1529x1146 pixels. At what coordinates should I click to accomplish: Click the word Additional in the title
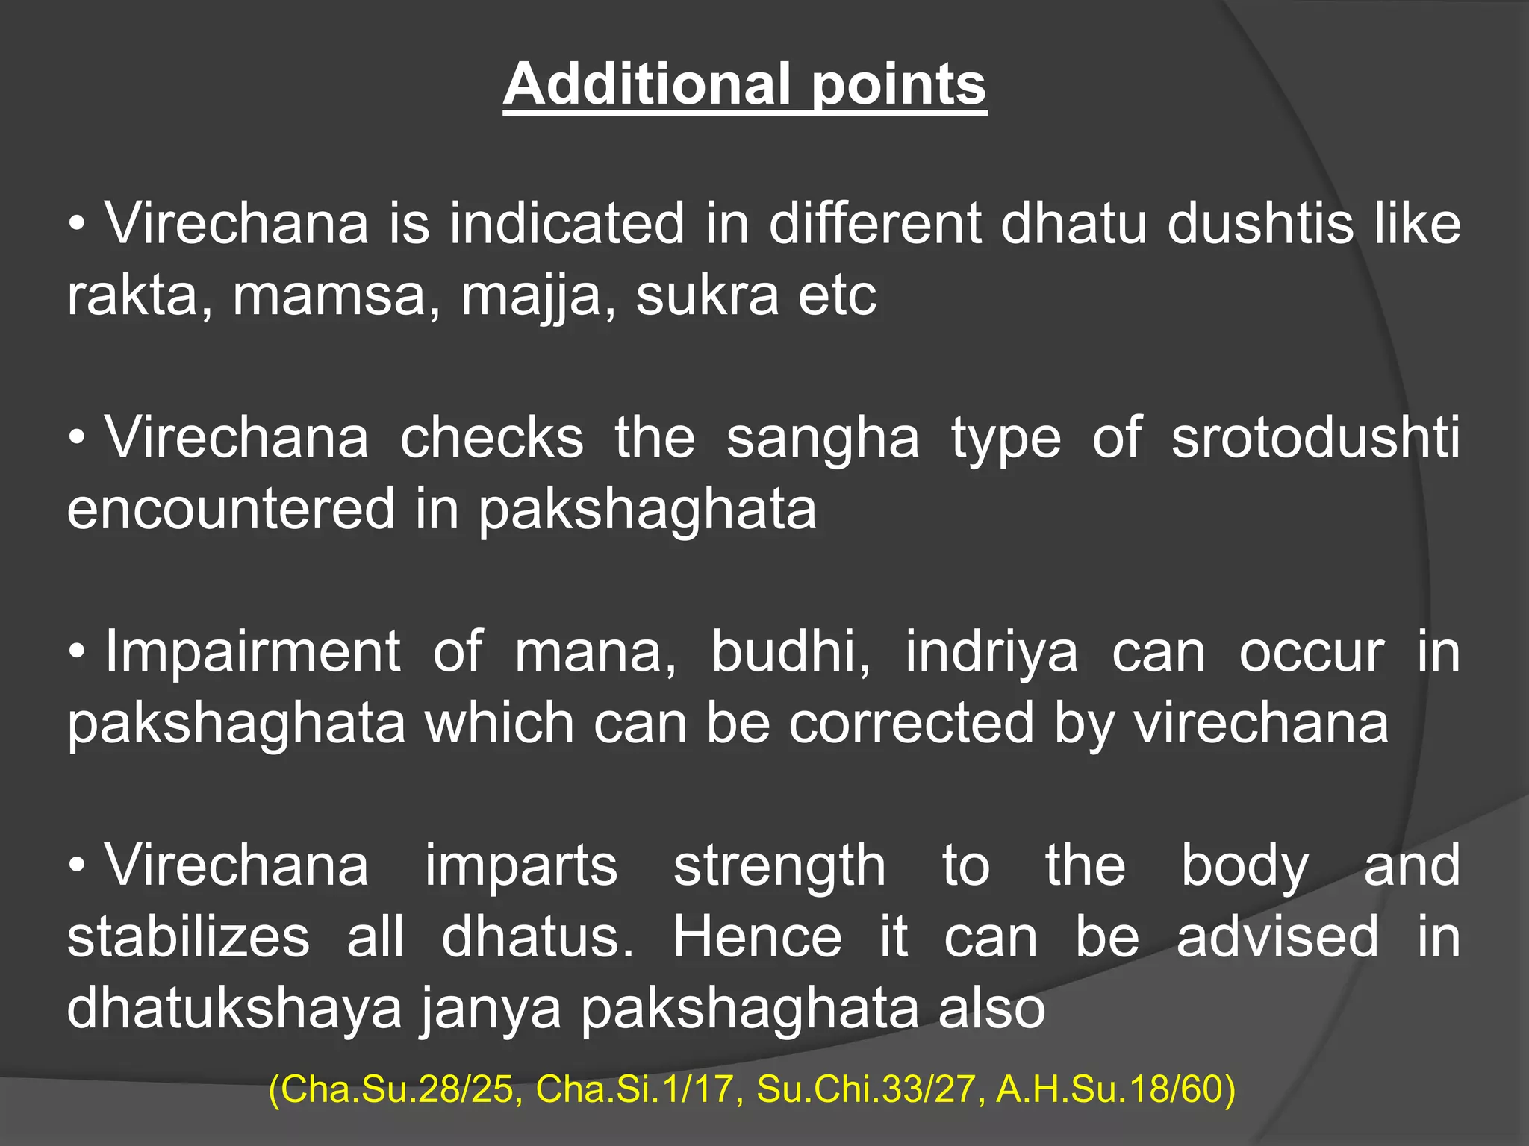647,84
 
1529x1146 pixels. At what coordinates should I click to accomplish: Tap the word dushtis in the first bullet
1260,223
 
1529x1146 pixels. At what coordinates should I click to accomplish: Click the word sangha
823,438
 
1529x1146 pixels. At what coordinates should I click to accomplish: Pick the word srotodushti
1315,438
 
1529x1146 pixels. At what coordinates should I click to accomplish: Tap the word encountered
230,510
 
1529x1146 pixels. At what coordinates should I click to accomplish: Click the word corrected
912,724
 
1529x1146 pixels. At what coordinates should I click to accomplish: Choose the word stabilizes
188,938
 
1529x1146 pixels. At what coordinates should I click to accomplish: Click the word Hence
757,938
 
